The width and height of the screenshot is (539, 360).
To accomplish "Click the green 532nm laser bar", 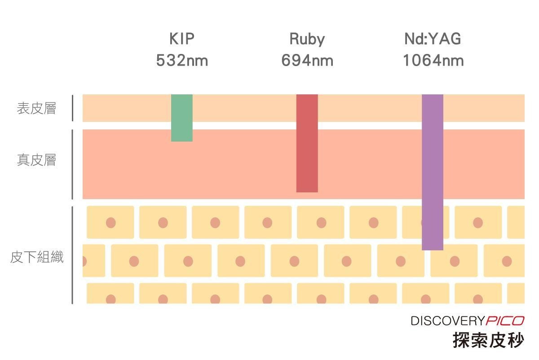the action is click(x=181, y=118).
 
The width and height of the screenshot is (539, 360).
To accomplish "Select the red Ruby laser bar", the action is click(x=307, y=143).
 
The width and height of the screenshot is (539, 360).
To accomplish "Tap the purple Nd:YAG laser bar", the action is click(x=433, y=172).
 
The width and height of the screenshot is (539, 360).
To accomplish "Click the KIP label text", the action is click(x=182, y=39).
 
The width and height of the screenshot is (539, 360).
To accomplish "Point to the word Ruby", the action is click(x=307, y=39).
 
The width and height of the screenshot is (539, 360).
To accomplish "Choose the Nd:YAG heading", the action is click(x=433, y=39).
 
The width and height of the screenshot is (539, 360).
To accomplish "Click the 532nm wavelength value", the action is click(x=182, y=60).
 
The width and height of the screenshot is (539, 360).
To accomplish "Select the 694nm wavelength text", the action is click(x=307, y=60).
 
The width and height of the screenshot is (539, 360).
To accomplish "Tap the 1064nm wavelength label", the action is click(x=433, y=60).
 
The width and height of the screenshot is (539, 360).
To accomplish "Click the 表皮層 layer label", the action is click(x=36, y=108).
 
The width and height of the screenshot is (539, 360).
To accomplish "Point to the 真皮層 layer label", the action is click(x=36, y=160).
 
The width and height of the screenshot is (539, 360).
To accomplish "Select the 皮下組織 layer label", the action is click(x=37, y=257).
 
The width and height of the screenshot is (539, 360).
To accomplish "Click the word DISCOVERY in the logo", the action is click(x=447, y=321).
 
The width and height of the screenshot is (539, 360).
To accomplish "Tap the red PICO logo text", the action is click(x=505, y=321).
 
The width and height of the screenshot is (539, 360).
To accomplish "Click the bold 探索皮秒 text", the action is click(x=489, y=340).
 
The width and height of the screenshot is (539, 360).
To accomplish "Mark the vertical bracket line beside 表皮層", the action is click(x=72, y=108).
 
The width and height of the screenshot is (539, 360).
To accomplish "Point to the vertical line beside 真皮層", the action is click(x=72, y=164).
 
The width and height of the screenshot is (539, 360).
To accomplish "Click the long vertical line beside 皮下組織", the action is click(x=72, y=255).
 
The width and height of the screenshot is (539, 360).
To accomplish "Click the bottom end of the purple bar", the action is click(x=433, y=250).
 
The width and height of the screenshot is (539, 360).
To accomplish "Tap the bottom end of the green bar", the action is click(x=181, y=141).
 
